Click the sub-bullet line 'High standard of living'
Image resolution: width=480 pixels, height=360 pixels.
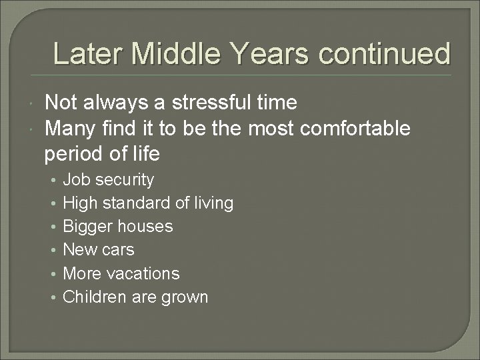tap(147, 203)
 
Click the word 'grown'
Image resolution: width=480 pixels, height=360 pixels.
tap(185, 297)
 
